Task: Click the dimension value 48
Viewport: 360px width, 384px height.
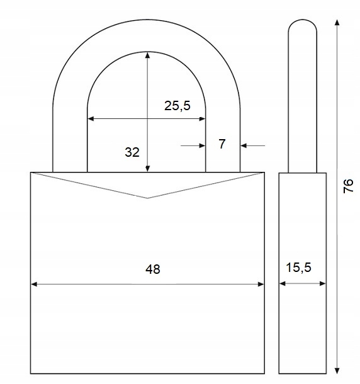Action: tap(153, 269)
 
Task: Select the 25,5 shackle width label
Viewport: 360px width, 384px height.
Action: tap(177, 106)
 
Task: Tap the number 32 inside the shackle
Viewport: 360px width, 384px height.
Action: tap(132, 152)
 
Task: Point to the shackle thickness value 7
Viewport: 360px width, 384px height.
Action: tap(222, 144)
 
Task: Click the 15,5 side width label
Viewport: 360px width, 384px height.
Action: tap(298, 267)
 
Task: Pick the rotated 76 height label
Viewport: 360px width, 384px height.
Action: tap(348, 186)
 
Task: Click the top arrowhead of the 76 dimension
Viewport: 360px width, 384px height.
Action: tap(337, 23)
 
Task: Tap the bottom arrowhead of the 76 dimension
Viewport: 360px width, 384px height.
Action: tap(337, 371)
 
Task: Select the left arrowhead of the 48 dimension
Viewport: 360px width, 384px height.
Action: tap(34, 284)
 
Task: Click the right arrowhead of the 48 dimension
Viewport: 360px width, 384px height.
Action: tap(261, 284)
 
